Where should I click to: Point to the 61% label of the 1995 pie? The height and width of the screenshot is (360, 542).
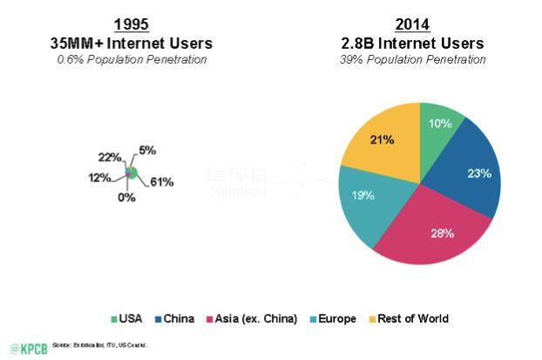[x=161, y=182]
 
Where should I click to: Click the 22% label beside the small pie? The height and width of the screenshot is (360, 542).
[x=109, y=157]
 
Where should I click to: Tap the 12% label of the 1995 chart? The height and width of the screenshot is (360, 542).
[x=100, y=177]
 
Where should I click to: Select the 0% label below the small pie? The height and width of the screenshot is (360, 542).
[x=127, y=197]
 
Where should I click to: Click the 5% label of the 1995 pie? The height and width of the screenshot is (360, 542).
[x=147, y=150]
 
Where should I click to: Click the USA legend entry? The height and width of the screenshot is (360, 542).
[x=126, y=319]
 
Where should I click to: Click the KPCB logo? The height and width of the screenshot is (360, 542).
[x=25, y=346]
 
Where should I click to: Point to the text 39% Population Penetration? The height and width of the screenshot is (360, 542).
[x=412, y=58]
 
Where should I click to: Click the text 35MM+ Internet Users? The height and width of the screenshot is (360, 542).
[x=132, y=43]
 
